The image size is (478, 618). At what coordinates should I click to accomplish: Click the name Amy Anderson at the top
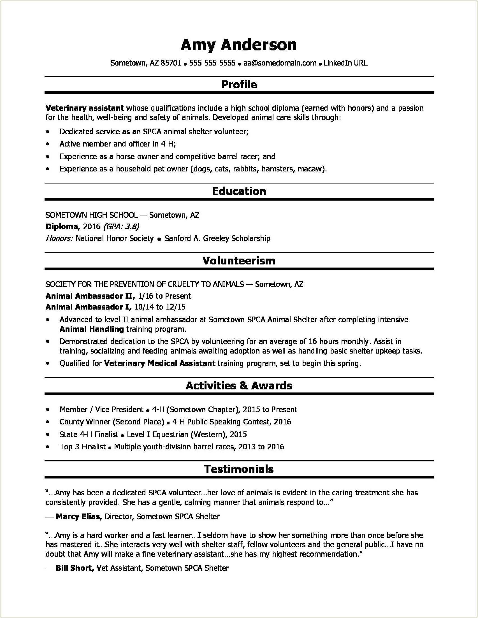pyautogui.click(x=238, y=45)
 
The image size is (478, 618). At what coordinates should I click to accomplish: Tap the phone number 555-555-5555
pyautogui.click(x=212, y=63)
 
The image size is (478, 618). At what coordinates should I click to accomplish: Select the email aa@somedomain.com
pyautogui.click(x=280, y=63)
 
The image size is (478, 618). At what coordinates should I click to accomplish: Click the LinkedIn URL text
pyautogui.click(x=345, y=63)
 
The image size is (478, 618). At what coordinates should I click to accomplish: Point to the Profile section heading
pyautogui.click(x=239, y=84)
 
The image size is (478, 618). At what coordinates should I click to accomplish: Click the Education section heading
pyautogui.click(x=239, y=191)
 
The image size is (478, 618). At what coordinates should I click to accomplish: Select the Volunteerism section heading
pyautogui.click(x=239, y=261)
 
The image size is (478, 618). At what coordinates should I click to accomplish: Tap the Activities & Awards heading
pyautogui.click(x=239, y=386)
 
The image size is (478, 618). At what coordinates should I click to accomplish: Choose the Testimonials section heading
pyautogui.click(x=239, y=469)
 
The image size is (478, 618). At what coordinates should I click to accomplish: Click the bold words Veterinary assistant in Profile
pyautogui.click(x=85, y=108)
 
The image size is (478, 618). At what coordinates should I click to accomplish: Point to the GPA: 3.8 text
pyautogui.click(x=121, y=226)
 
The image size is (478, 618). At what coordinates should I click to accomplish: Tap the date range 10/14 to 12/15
pyautogui.click(x=160, y=307)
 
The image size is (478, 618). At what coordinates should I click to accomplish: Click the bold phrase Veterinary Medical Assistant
pyautogui.click(x=160, y=363)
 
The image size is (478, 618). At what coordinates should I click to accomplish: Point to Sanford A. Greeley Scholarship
pyautogui.click(x=217, y=238)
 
